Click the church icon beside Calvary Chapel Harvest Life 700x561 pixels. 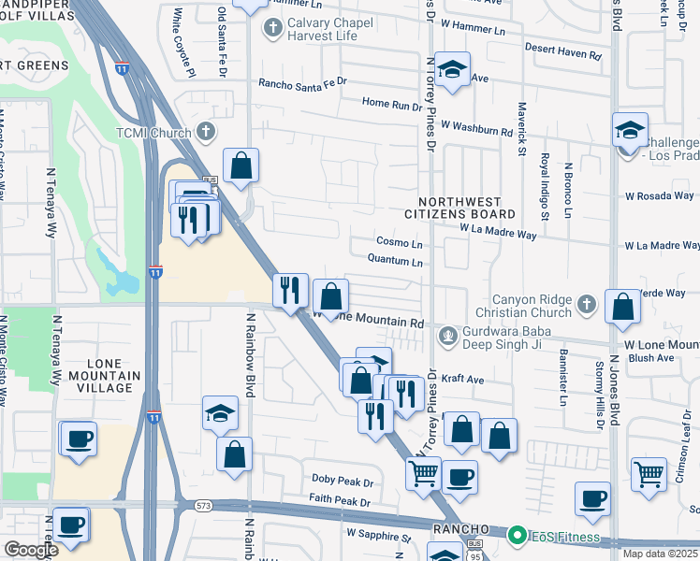point(273,26)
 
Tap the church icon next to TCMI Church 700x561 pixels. point(206,132)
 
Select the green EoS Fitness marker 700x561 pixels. point(517,537)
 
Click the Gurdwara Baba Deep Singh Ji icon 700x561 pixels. point(449,334)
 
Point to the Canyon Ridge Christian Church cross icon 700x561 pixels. point(586,303)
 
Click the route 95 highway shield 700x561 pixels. point(476,558)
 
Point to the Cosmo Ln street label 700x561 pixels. point(400,243)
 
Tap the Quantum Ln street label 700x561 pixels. point(396,262)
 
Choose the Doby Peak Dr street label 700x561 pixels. point(343,481)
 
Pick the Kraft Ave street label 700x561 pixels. point(462,380)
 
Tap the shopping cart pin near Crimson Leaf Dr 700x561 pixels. point(649,472)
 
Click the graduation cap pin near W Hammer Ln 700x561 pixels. point(452,70)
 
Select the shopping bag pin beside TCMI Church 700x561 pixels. point(241,165)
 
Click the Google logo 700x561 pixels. point(32,550)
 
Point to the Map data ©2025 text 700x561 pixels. point(659,554)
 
